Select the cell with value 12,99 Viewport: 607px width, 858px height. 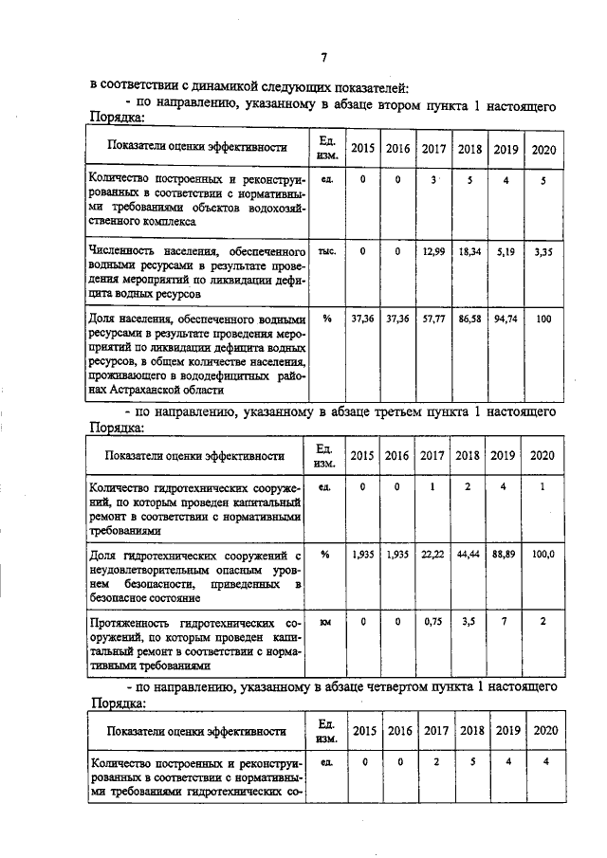point(433,251)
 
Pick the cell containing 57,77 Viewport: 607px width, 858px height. point(433,319)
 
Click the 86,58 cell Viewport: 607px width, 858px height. point(469,319)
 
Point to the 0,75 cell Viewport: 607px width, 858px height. point(433,622)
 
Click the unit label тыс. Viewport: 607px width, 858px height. point(327,251)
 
